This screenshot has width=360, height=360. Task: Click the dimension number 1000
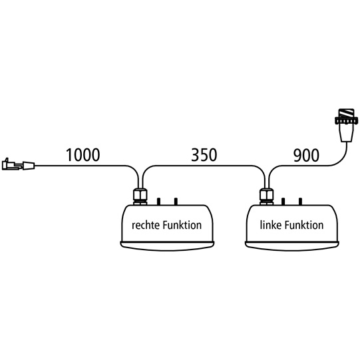pos(83,155)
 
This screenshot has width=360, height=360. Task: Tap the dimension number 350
pos(204,155)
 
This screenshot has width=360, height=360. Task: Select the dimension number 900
pos(306,155)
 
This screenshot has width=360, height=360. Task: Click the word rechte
pos(146,225)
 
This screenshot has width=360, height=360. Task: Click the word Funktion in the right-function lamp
pos(182,225)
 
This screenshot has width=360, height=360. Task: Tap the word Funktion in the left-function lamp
pos(304,225)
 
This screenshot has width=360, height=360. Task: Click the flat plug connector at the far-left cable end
pos(19,164)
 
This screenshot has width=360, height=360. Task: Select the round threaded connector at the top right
pos(346,125)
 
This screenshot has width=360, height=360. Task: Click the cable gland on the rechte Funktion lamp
pos(140,196)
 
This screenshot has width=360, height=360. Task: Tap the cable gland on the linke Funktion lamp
pos(267,196)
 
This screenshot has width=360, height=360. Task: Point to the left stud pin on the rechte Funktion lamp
pos(158,202)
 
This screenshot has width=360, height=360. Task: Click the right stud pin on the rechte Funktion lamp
pos(176,202)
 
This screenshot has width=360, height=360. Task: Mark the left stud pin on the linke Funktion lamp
pos(283,202)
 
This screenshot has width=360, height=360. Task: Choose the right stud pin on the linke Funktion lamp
pos(300,202)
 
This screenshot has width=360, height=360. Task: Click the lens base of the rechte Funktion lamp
pos(167,246)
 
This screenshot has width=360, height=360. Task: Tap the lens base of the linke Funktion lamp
pos(292,246)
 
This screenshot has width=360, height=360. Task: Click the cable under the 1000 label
pos(83,166)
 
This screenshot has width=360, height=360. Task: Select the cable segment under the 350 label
pos(204,166)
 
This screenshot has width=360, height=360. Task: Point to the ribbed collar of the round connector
pos(347,120)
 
